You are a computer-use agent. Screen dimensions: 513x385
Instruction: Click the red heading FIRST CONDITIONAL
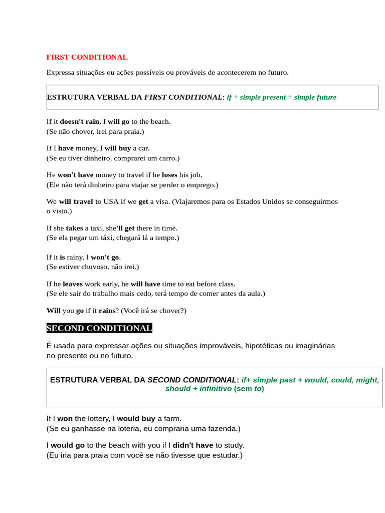[x=87, y=57]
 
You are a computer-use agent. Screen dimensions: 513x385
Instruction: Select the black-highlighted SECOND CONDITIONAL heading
[x=99, y=328]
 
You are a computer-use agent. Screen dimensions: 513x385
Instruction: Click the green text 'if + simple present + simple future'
[x=281, y=97]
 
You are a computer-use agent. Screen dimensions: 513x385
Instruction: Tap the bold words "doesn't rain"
[x=80, y=121]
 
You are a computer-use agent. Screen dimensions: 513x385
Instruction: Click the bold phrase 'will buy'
[x=117, y=148]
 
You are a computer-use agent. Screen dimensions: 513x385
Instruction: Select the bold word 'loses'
[x=169, y=175]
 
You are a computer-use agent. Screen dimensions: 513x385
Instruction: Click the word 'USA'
[x=111, y=201]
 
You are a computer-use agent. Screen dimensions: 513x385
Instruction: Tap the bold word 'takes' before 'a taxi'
[x=74, y=228]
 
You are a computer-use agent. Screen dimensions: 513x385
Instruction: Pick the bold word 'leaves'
[x=73, y=284]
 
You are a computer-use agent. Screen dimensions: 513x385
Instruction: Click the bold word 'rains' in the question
[x=107, y=310]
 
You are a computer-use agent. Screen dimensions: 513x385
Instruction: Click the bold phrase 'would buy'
[x=136, y=418]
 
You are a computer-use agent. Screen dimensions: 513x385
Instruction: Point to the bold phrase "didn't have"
[x=193, y=445]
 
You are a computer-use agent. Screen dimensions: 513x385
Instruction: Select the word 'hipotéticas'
[x=259, y=346]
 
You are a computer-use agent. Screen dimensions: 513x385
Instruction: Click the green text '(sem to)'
[x=249, y=388]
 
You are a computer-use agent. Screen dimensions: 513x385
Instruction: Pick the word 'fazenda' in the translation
[x=223, y=428]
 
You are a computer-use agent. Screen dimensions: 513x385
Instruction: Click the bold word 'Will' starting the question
[x=53, y=310]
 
